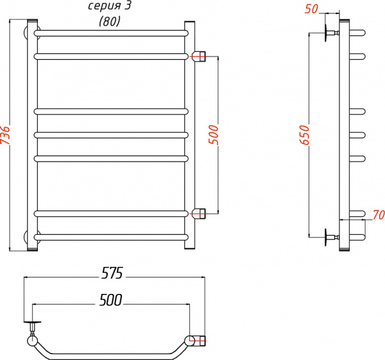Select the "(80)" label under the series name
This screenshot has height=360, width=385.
click(x=109, y=21)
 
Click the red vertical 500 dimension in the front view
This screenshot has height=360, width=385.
click(x=214, y=134)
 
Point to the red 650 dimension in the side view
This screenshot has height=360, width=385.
click(x=305, y=134)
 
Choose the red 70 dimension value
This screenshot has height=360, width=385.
click(x=377, y=214)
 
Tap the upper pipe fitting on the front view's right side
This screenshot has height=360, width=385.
click(x=199, y=56)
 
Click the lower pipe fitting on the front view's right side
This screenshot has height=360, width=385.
click(x=199, y=213)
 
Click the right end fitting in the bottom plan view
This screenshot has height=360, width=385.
click(x=196, y=340)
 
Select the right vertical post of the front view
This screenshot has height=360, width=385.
click(x=189, y=135)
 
